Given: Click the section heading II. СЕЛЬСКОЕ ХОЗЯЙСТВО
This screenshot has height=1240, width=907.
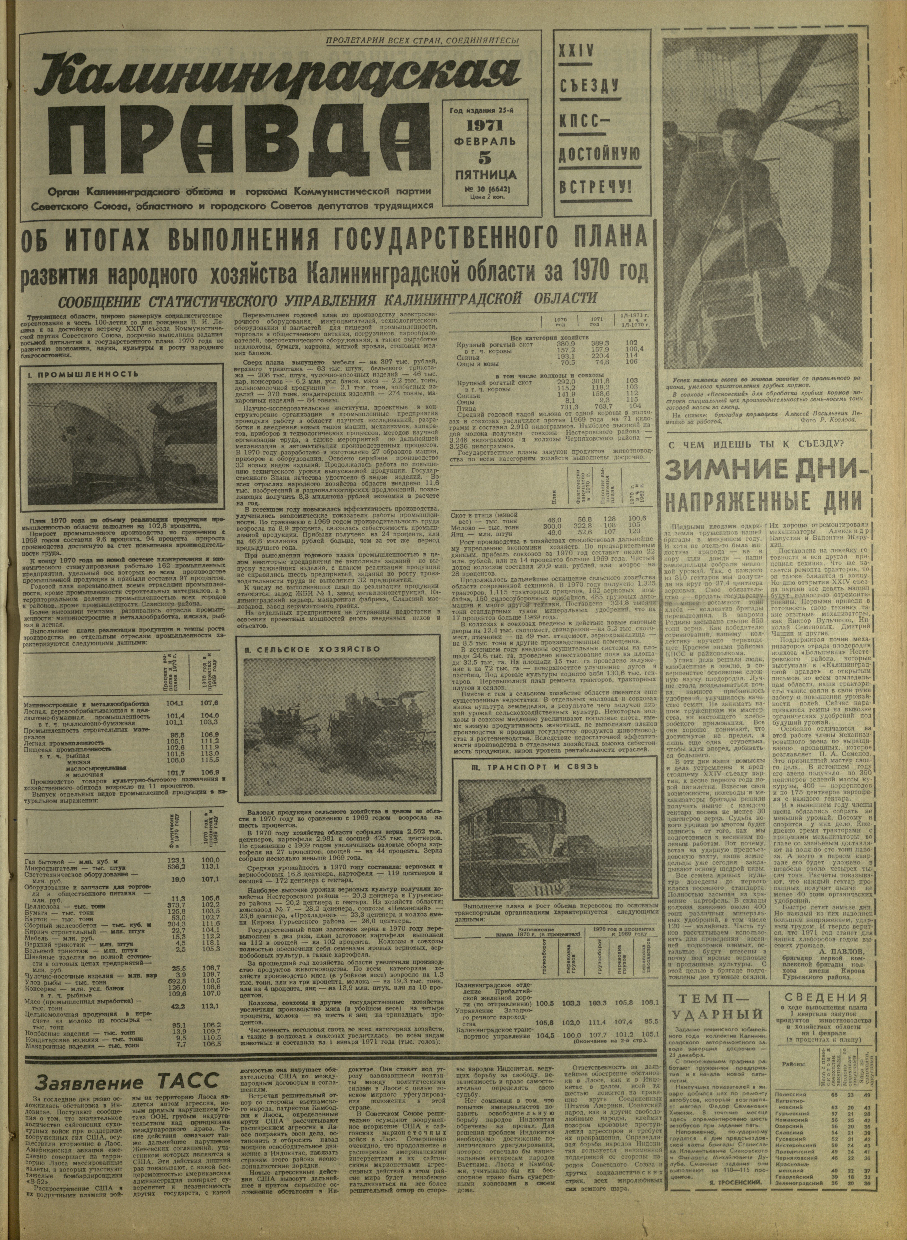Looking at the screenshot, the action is tap(312, 649).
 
